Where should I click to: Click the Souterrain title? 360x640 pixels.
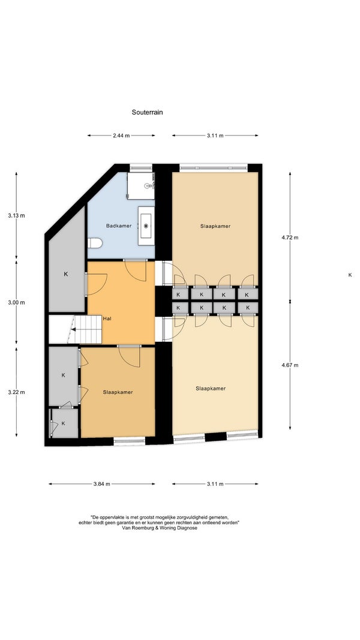pyautogui.click(x=147, y=112)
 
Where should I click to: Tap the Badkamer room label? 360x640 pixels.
pyautogui.click(x=119, y=226)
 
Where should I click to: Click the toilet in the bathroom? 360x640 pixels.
pyautogui.click(x=95, y=244)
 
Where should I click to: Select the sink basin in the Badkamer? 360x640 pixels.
pyautogui.click(x=146, y=226)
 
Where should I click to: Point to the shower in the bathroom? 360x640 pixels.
pyautogui.click(x=141, y=185)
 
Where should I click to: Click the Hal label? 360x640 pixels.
pyautogui.click(x=107, y=319)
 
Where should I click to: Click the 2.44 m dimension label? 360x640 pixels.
pyautogui.click(x=121, y=136)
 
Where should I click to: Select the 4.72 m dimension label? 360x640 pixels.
pyautogui.click(x=290, y=237)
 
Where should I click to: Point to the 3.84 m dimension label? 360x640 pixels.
pyautogui.click(x=101, y=484)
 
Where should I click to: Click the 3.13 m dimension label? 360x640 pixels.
pyautogui.click(x=16, y=215)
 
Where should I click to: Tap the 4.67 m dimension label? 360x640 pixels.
pyautogui.click(x=290, y=365)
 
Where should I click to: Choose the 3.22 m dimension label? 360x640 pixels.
pyautogui.click(x=16, y=392)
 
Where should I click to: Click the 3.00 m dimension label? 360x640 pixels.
pyautogui.click(x=16, y=302)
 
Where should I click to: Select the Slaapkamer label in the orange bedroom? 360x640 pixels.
pyautogui.click(x=118, y=392)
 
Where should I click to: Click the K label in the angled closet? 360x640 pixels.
pyautogui.click(x=66, y=274)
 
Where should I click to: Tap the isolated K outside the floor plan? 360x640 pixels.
pyautogui.click(x=350, y=275)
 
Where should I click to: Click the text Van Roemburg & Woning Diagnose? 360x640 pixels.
pyautogui.click(x=160, y=528)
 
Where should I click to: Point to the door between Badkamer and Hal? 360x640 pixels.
pyautogui.click(x=135, y=270)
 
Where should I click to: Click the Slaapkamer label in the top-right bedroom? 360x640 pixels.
pyautogui.click(x=215, y=226)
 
